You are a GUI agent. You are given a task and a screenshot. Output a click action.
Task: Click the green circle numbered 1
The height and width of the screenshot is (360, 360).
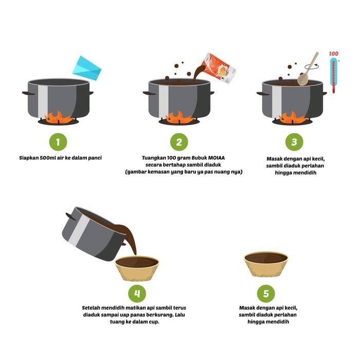[x=58, y=142]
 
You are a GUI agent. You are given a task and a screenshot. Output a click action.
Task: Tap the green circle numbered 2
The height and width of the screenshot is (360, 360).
[x=179, y=142]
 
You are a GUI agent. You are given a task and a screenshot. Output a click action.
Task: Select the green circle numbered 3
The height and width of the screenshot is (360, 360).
[x=294, y=142]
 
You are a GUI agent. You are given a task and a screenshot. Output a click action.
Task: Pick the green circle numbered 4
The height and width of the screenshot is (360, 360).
[x=137, y=294]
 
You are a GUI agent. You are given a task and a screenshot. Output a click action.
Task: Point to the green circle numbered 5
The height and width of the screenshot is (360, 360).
[x=266, y=294]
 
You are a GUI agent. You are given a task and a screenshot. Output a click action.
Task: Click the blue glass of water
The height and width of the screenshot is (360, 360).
[x=87, y=68]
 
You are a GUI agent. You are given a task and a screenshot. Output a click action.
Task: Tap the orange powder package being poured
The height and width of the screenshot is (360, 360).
[x=219, y=68]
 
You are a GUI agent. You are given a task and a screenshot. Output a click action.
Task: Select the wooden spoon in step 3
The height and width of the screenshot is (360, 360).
[x=307, y=69]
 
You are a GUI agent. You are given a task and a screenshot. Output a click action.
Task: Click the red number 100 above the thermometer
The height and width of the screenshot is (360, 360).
[x=333, y=53]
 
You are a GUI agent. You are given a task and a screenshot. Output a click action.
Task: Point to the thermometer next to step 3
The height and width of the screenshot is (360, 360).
[x=334, y=75]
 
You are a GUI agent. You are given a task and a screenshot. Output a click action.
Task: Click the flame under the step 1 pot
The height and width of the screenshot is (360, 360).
[x=58, y=117]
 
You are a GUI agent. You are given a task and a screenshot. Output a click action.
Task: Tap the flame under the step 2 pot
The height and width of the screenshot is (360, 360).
[x=179, y=117]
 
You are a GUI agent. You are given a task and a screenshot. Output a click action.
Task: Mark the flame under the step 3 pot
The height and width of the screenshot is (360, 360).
[x=292, y=117]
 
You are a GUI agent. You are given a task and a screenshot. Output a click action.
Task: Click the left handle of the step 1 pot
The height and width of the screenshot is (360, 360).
[x=28, y=93]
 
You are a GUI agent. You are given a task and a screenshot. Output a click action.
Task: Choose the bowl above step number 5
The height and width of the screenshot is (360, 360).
[x=266, y=264]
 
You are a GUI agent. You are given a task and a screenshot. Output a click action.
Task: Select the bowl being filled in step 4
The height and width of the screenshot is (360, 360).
[x=137, y=268]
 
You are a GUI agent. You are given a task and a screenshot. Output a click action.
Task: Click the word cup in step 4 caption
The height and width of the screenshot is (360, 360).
[x=153, y=322]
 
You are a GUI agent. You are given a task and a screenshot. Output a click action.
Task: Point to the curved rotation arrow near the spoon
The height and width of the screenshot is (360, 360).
[x=312, y=66]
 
